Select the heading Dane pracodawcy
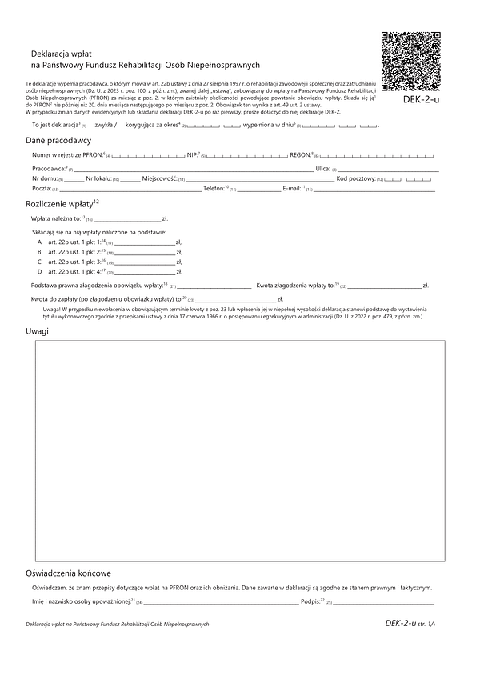[x=58, y=141]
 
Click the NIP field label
[x=192, y=154]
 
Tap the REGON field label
[x=300, y=154]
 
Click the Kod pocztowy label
[x=355, y=178]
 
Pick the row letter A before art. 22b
[x=39, y=240]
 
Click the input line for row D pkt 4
[x=145, y=272]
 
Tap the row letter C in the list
[x=39, y=261]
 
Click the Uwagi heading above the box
[x=38, y=331]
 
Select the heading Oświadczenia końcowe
[x=69, y=573]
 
